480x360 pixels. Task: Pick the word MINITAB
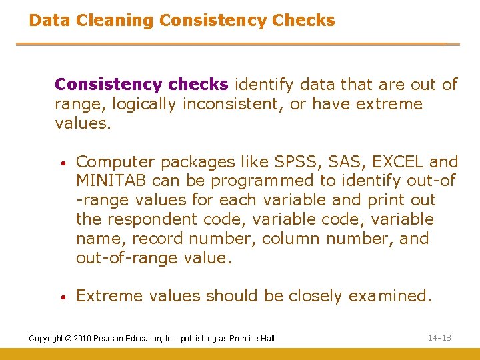(x=111, y=181)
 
